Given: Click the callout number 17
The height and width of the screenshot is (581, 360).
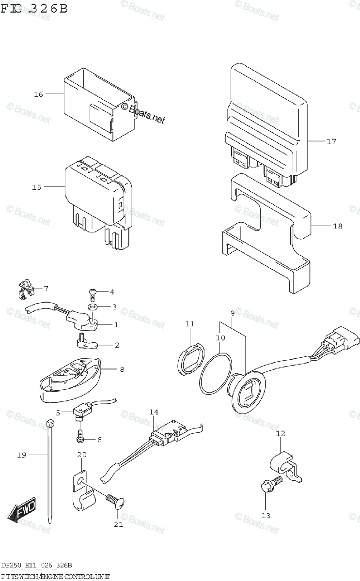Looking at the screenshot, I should click(x=331, y=141).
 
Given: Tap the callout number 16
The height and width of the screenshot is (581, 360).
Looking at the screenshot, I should click(x=38, y=94).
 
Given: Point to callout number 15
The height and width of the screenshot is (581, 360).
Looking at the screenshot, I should click(x=37, y=187).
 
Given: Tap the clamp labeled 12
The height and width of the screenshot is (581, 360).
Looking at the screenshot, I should click(x=282, y=463).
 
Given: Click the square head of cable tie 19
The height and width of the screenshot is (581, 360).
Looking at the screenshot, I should click(x=49, y=424).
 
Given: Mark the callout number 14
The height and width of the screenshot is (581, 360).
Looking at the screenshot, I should click(x=154, y=412).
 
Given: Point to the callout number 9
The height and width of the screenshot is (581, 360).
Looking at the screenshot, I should click(x=232, y=313).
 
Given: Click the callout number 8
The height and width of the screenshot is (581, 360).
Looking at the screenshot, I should click(x=122, y=369).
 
